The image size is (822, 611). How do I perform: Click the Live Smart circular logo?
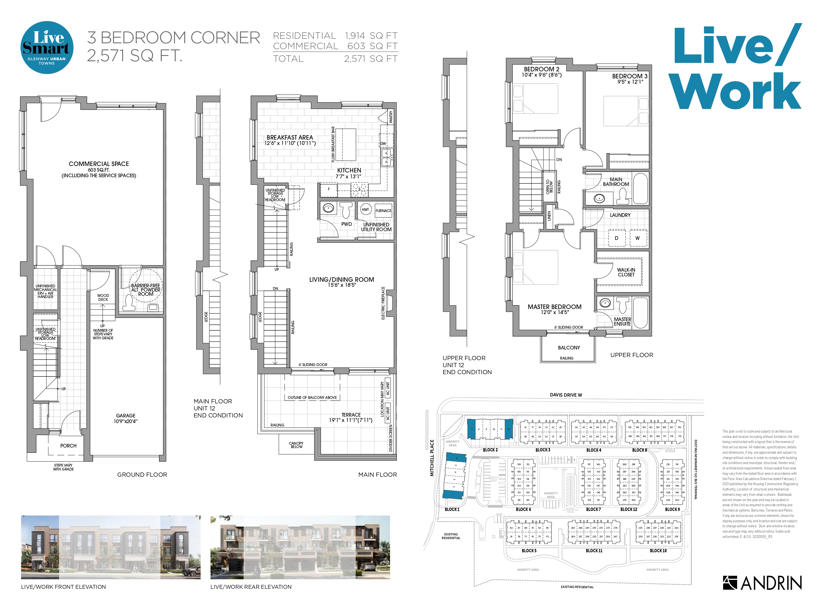click(47, 48)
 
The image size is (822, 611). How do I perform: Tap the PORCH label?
click(69, 446)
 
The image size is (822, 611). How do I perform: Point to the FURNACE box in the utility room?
click(383, 210)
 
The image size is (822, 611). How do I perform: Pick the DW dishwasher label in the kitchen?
click(383, 144)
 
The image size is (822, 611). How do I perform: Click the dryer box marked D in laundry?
click(616, 238)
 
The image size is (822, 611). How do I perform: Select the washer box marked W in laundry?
click(637, 238)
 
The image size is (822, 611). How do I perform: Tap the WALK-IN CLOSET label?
click(626, 272)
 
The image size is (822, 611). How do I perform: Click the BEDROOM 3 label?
click(629, 76)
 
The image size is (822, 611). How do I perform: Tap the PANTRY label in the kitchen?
click(391, 117)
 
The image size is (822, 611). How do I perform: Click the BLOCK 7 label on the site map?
click(593, 509)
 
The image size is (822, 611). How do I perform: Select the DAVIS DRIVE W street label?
click(566, 395)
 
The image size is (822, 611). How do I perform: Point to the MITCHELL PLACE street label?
click(432, 458)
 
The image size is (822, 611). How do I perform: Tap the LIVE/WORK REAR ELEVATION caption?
click(251, 587)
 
